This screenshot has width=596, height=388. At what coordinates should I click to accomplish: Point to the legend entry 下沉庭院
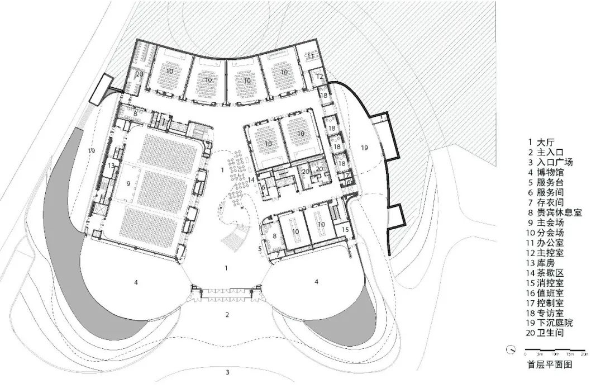[x=550, y=323]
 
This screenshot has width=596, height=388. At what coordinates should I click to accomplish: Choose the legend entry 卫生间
[x=547, y=333]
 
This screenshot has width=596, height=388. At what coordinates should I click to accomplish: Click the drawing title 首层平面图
[x=550, y=364]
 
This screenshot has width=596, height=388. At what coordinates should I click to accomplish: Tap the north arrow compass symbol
[x=511, y=351]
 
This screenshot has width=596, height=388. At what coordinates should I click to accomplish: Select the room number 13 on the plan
[x=111, y=166]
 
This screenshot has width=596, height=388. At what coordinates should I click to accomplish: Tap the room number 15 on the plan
[x=345, y=229]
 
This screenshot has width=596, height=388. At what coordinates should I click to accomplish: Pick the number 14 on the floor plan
[x=251, y=179]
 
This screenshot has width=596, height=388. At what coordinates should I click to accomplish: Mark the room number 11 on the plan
[x=311, y=56]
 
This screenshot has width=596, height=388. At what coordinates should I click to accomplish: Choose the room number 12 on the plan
[x=320, y=77]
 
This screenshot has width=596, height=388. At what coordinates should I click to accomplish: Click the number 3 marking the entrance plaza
[x=227, y=372]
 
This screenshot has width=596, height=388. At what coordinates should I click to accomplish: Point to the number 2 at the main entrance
[x=227, y=315]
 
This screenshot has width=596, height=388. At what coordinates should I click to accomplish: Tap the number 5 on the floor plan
[x=260, y=248]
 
